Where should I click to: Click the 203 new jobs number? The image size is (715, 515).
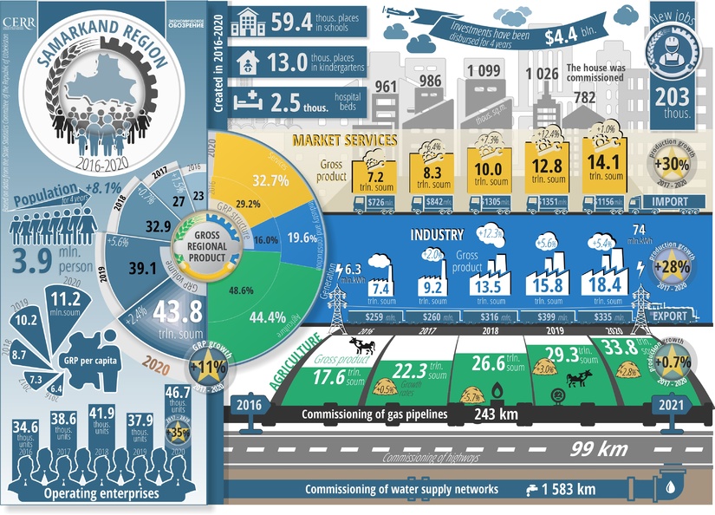(x=673, y=96)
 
